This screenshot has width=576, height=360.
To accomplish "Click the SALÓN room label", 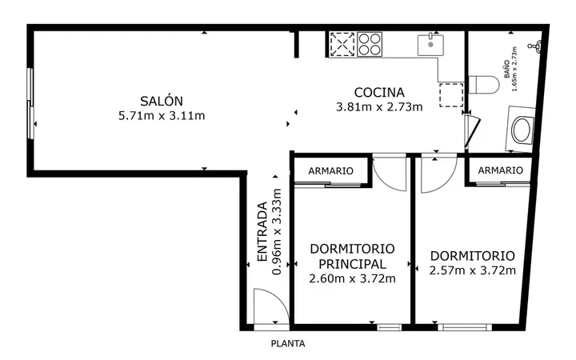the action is click(x=162, y=101).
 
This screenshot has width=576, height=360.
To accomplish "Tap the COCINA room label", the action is click(x=379, y=92).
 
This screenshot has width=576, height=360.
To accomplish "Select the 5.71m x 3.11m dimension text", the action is click(x=162, y=116).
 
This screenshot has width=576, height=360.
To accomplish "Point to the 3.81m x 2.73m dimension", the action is click(x=379, y=107).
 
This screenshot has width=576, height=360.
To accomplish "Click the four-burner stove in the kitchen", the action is click(x=370, y=45).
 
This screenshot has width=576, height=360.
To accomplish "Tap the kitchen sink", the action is click(x=430, y=45).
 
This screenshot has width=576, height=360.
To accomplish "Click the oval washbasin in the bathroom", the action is click(x=521, y=130).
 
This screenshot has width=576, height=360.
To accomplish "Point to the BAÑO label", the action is click(x=507, y=69).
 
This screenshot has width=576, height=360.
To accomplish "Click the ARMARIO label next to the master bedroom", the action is click(x=330, y=171).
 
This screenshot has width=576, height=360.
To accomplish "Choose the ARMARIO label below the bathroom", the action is click(x=500, y=170).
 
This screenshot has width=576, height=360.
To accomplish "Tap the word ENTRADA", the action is click(x=262, y=231).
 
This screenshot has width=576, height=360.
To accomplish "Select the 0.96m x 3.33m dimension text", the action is click(x=276, y=232).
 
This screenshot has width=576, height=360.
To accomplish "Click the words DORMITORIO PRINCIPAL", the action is click(x=352, y=257).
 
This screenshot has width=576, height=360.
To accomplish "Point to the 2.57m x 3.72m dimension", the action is click(x=473, y=270).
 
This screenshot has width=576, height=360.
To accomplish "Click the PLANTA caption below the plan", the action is click(x=288, y=344).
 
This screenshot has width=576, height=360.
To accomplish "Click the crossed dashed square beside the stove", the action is click(x=342, y=45).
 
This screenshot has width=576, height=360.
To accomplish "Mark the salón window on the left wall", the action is click(x=31, y=103).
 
